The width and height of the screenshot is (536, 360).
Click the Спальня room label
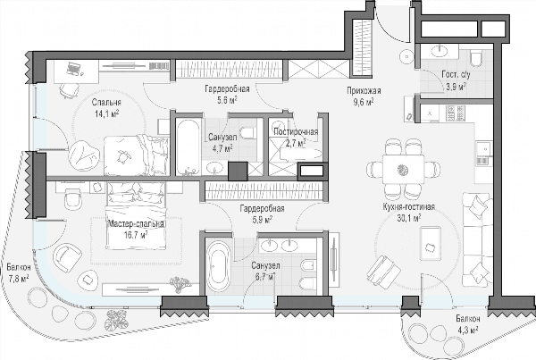[x=106, y=102]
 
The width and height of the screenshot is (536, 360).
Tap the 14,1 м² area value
[x=107, y=113]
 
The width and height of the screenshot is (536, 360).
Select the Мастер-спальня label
[x=136, y=223]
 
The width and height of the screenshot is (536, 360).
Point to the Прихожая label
[x=364, y=91]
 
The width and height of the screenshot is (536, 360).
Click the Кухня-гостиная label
[x=409, y=207]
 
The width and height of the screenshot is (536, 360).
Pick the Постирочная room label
[x=296, y=132]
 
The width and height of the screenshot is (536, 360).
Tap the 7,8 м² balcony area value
[x=18, y=279]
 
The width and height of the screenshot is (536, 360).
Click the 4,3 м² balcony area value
[x=467, y=331]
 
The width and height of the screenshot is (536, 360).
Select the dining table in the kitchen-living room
[x=404, y=169]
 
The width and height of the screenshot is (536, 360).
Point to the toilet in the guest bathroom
[x=476, y=57]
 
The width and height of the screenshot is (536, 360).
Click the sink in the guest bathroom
[x=440, y=51]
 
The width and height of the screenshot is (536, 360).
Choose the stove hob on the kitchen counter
[x=456, y=113]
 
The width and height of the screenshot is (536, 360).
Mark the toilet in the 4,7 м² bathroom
[x=247, y=132]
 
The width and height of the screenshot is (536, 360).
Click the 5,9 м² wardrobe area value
[x=262, y=220]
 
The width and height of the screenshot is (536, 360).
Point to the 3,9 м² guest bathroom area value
[x=456, y=87]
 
